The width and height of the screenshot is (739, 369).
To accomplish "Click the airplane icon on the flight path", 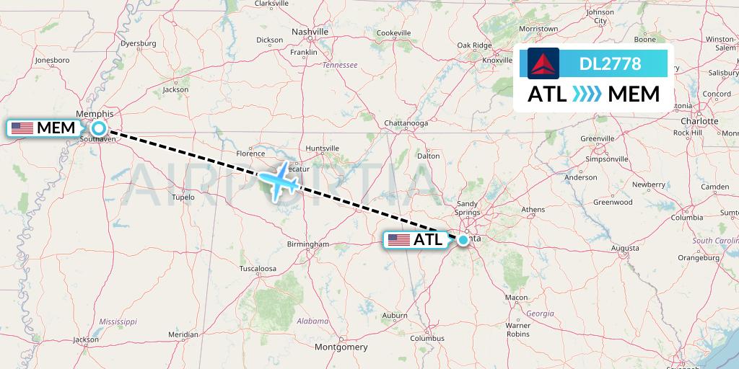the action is coord(277,179).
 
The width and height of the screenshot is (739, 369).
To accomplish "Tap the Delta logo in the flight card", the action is coord(543,63).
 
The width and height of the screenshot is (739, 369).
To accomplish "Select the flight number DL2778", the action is coord(611,63).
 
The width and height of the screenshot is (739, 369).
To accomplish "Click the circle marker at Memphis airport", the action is coord(99,128).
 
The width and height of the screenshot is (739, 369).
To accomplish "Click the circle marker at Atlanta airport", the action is coord(463,240).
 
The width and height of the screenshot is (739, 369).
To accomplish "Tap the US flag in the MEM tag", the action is coord(22,128).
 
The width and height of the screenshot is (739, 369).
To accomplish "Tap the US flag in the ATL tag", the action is coord(398,240).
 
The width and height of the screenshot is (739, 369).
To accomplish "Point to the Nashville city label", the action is coord(310,32).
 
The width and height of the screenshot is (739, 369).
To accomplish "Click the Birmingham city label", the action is coord(308,244).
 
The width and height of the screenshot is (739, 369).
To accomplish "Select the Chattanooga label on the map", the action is coord(406,123).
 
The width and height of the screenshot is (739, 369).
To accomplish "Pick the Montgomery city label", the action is coord(341,347).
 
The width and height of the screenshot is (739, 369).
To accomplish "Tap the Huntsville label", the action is coord(322,148).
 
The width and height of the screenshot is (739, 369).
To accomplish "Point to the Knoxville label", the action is coord(497,61).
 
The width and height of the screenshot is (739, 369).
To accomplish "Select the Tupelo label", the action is coord(183,196).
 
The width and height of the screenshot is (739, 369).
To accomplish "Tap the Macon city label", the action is coord(516,297).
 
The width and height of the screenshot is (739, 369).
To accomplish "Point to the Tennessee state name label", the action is coord(340,65).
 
